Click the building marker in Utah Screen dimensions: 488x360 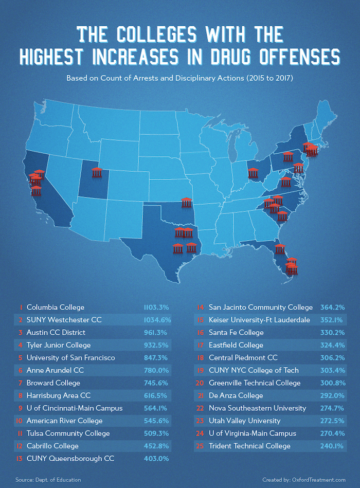point(97,172)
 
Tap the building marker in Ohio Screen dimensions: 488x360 point(253,173)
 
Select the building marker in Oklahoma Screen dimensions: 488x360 point(187,202)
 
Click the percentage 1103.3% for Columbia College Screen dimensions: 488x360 point(156,308)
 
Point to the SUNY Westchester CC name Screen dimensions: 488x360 point(64,320)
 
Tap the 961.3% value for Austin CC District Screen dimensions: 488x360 point(157,333)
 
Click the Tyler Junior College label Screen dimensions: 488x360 point(58,345)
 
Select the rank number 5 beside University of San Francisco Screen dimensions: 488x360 point(20,358)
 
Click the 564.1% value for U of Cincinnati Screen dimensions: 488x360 point(157,408)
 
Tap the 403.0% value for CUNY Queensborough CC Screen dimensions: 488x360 point(157,459)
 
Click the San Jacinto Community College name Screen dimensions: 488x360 point(260,308)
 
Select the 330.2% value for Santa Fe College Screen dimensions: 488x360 point(332,333)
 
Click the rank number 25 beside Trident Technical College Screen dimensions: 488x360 point(201,446)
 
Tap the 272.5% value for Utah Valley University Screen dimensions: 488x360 point(332,421)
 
